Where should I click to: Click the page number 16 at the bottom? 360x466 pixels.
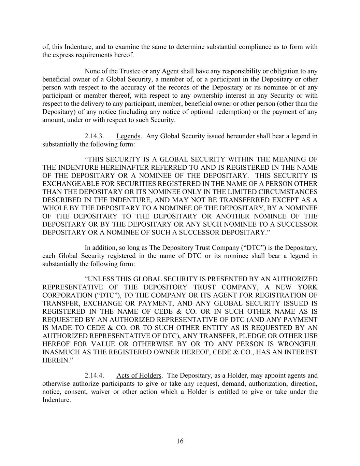tap(180, 441)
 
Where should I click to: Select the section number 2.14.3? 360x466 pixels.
tap(94, 136)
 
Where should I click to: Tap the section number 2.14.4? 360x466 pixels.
tap(94, 376)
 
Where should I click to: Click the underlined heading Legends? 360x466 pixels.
tap(128, 136)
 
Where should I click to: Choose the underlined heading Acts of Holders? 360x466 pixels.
tap(139, 376)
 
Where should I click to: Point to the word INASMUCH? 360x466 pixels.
tap(60, 352)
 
